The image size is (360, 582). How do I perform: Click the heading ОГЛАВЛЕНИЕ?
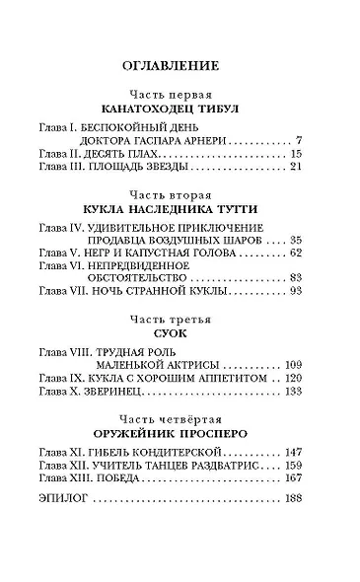pyautogui.click(x=180, y=66)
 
